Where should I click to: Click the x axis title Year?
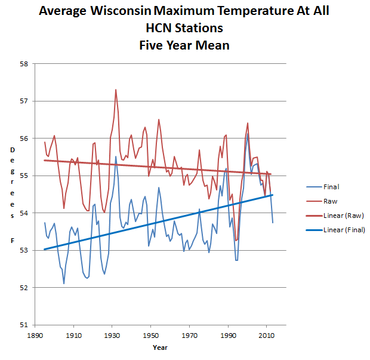pyautogui.click(x=159, y=347)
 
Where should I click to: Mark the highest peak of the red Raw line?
pyautogui.click(x=116, y=90)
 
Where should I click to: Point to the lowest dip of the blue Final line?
pyautogui.click(x=64, y=284)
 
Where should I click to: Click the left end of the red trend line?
pyautogui.click(x=45, y=161)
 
